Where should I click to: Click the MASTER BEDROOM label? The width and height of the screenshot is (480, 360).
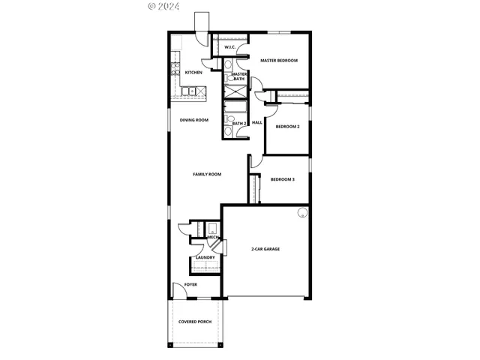click(x=279, y=60)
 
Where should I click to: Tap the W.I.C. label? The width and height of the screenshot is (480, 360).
click(x=230, y=48)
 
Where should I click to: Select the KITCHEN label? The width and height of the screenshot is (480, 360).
click(x=193, y=73)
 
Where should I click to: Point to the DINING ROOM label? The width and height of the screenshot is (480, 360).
click(x=193, y=120)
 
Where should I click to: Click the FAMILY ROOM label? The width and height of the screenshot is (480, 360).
click(x=207, y=174)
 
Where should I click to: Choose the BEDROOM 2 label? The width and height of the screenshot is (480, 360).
click(x=287, y=127)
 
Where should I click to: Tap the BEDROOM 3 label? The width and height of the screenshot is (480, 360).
click(x=283, y=179)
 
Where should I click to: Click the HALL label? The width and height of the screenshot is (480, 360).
click(x=256, y=122)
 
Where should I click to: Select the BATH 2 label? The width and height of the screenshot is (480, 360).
click(x=239, y=122)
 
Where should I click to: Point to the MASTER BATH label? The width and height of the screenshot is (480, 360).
click(x=239, y=76)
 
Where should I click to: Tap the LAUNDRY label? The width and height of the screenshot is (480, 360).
click(x=205, y=258)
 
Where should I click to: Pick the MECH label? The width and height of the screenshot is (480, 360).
click(x=202, y=237)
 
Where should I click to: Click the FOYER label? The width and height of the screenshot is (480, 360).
click(x=190, y=285)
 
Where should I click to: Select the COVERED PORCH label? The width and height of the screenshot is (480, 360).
click(x=194, y=322)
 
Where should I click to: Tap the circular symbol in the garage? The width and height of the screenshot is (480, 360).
click(x=302, y=212)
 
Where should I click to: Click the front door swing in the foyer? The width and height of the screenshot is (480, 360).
click(x=178, y=289)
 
